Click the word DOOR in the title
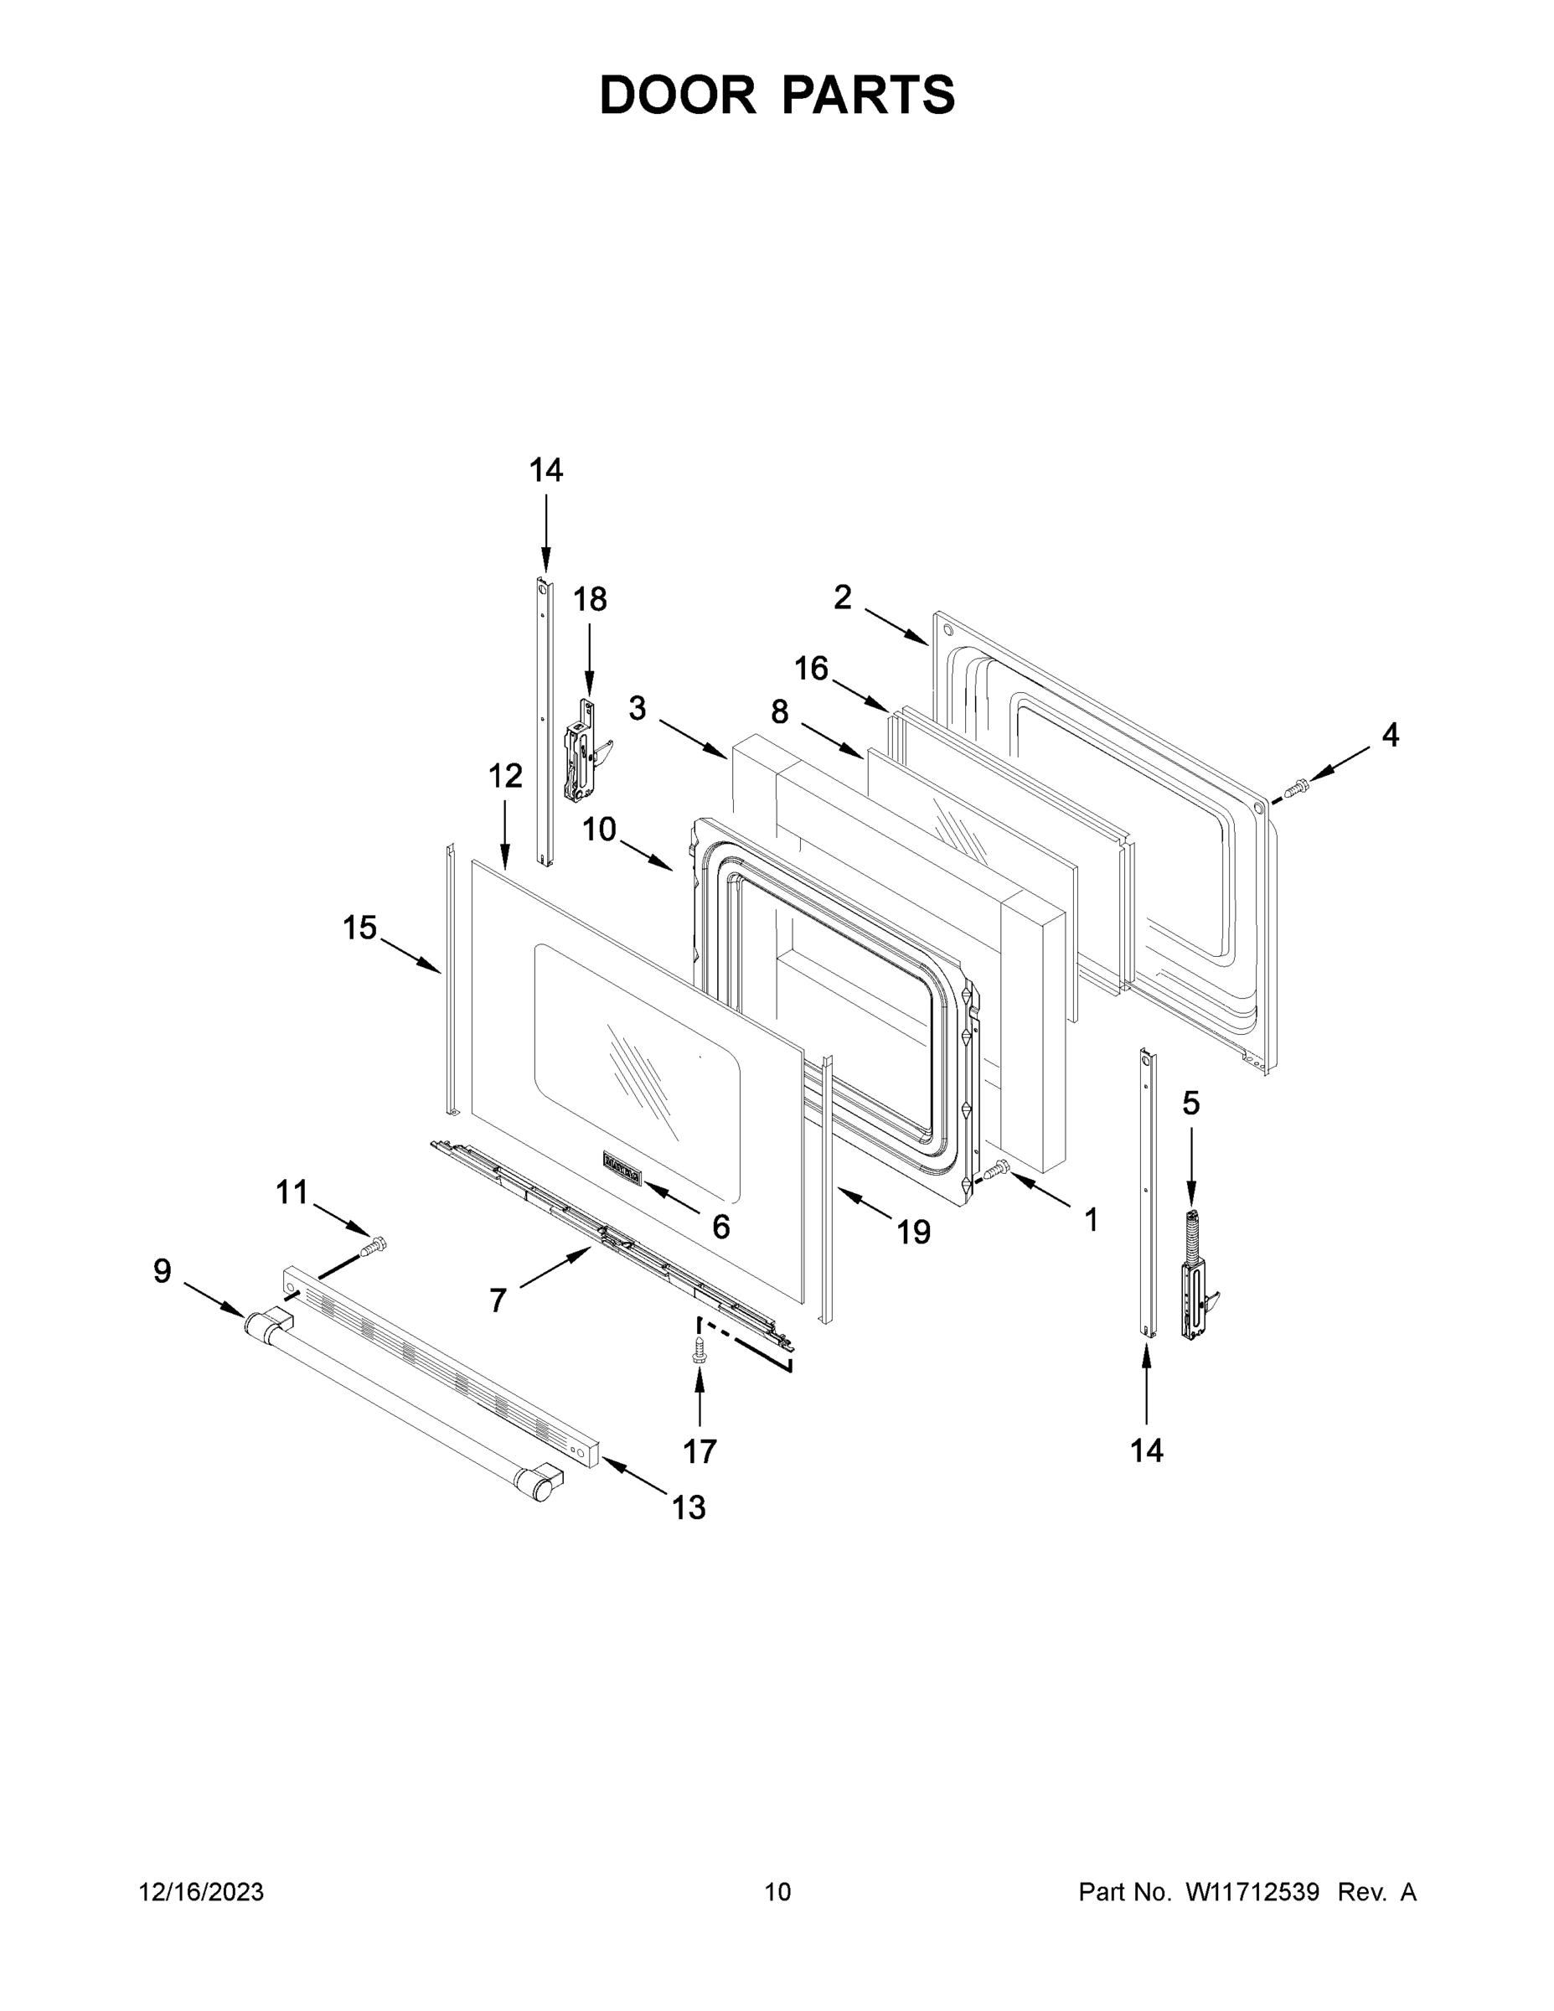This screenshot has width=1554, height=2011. [x=678, y=95]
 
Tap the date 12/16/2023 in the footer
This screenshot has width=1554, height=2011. [x=202, y=1891]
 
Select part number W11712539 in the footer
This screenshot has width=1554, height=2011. [x=1252, y=1891]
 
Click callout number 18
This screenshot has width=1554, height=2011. [x=590, y=599]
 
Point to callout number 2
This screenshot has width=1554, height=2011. [x=843, y=597]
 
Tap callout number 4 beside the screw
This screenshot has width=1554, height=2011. [x=1390, y=735]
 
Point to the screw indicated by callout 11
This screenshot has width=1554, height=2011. [x=373, y=1247]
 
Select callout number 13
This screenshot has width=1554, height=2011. [x=689, y=1507]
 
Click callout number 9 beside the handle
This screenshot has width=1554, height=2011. [x=162, y=1272]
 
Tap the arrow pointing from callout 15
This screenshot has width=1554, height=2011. [x=410, y=955]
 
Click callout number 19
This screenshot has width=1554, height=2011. [x=913, y=1232]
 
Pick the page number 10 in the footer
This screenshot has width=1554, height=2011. [x=778, y=1891]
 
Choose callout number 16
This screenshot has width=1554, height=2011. [x=812, y=668]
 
